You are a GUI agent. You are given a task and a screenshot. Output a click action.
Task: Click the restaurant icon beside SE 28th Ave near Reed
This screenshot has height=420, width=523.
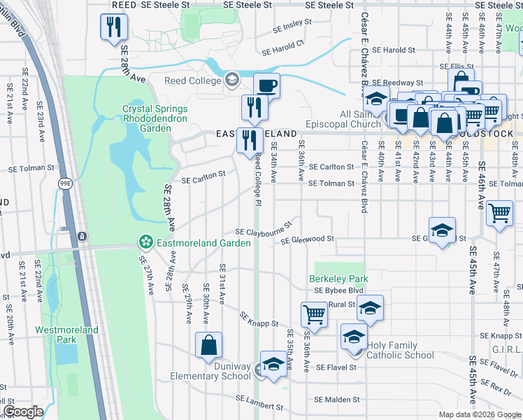[112, 27]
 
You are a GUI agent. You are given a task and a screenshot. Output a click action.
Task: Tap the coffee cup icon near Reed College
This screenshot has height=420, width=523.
[266, 86]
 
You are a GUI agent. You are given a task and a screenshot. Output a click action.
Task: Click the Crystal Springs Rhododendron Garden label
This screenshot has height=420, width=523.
[155, 113]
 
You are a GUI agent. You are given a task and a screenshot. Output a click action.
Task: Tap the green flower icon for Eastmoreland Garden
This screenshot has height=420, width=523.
[146, 243]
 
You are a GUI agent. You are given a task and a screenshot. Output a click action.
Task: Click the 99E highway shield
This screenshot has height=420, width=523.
[65, 183]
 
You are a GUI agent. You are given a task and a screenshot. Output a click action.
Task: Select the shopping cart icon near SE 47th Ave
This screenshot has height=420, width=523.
[499, 212]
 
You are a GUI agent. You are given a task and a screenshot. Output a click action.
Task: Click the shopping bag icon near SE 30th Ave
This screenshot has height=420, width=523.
[208, 345]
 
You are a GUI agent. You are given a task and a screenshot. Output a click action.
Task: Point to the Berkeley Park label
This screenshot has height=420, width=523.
[338, 279]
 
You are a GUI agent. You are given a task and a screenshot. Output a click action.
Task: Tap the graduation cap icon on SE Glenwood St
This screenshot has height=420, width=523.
[442, 230]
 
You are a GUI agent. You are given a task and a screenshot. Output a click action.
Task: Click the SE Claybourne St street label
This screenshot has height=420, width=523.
[263, 231]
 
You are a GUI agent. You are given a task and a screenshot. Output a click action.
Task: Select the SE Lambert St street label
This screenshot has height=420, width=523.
[259, 401]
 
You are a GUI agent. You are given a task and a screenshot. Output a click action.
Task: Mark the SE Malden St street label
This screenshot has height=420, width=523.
[336, 400]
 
